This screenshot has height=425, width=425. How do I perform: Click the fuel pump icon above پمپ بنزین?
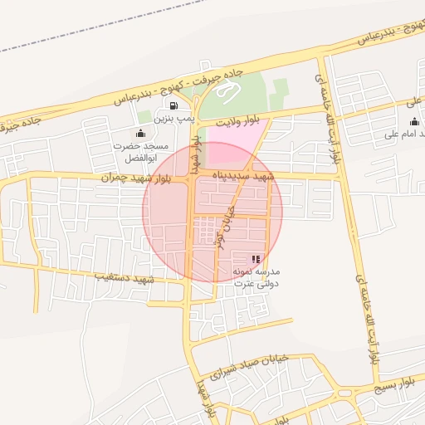173,105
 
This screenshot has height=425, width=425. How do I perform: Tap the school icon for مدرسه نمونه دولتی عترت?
255,260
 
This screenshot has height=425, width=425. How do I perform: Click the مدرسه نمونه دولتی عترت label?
256,277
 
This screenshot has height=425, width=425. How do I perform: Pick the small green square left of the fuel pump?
144,116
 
